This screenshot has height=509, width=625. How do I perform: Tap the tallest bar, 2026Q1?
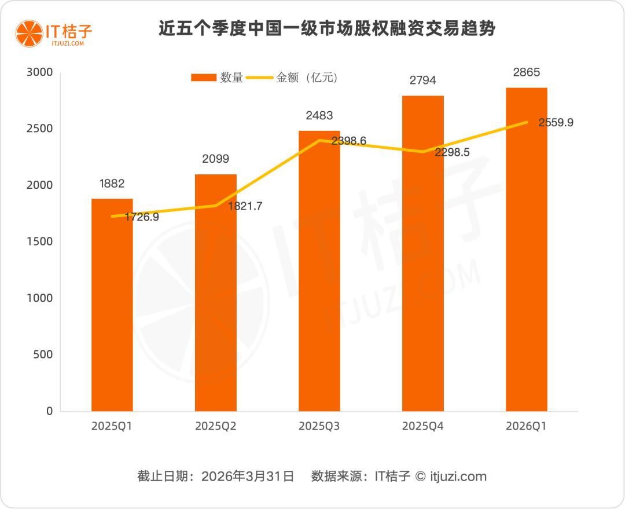(527, 249)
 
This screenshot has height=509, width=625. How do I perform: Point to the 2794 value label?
(422, 80)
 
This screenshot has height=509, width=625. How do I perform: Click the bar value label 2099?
(215, 159)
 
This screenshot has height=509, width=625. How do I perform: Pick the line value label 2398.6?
(348, 141)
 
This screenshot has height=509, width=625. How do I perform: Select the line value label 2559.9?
(556, 123)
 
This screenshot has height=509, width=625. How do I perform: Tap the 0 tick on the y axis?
(49, 411)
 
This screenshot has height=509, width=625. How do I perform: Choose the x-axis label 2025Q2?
(215, 426)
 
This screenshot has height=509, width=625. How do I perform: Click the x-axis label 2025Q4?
(422, 426)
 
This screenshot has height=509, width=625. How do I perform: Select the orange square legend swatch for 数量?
(203, 78)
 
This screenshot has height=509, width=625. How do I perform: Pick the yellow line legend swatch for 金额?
(260, 78)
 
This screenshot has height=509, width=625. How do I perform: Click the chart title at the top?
(327, 29)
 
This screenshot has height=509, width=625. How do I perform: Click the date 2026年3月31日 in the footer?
(248, 477)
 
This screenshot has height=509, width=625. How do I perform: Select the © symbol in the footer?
(420, 477)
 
